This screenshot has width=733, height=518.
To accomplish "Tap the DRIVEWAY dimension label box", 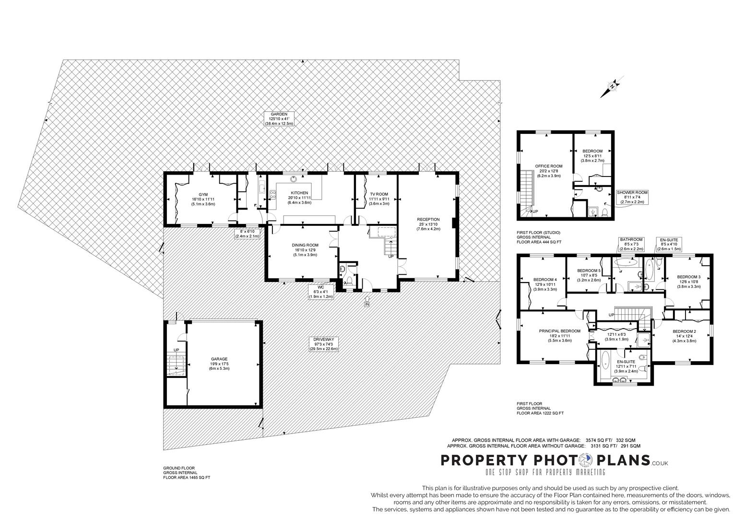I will (x=324, y=344).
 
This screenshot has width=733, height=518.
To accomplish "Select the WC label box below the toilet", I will (x=321, y=292).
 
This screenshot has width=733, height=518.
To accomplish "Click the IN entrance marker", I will (x=367, y=304).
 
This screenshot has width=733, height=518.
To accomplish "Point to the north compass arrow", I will (x=613, y=86).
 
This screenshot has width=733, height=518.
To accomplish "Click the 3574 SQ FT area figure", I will (x=595, y=440).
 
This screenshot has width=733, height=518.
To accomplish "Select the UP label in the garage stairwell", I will (x=176, y=350).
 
